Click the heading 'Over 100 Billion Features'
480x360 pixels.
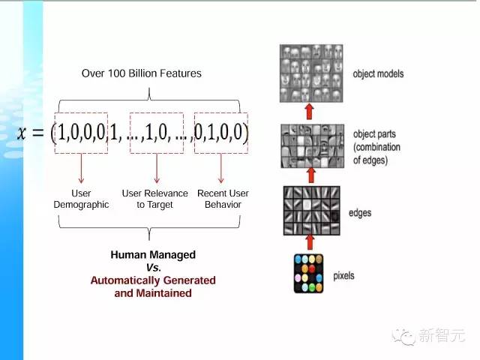pyautogui.click(x=142, y=73)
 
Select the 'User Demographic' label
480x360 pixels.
pyautogui.click(x=81, y=199)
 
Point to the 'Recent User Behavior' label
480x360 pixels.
pyautogui.click(x=223, y=199)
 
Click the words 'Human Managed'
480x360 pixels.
pyautogui.click(x=153, y=255)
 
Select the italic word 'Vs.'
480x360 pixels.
pyautogui.click(x=153, y=268)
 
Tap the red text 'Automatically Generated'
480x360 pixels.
pyautogui.click(x=153, y=280)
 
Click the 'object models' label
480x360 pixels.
pyautogui.click(x=378, y=74)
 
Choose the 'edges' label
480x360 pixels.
pyautogui.click(x=359, y=214)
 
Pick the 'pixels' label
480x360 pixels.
pyautogui.click(x=344, y=276)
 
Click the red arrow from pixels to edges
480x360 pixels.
pyautogui.click(x=307, y=242)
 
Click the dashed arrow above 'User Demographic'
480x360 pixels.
pyautogui.click(x=81, y=169)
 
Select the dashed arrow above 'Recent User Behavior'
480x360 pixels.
pyautogui.click(x=221, y=169)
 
